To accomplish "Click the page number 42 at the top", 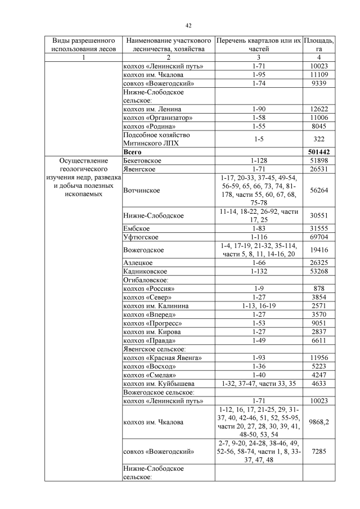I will [x=189, y=25].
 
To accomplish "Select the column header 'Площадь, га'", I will [x=319, y=45].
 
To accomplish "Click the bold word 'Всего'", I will [x=133, y=152].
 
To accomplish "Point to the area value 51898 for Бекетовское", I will [x=319, y=161].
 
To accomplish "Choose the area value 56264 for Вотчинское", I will [x=319, y=190].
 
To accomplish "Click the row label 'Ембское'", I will [x=137, y=228].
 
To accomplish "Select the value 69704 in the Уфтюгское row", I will [x=319, y=237].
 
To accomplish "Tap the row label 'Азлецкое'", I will [x=138, y=262].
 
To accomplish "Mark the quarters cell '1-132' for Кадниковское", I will [x=259, y=271].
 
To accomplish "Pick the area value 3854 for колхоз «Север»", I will [x=319, y=297].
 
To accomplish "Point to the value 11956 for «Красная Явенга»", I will [x=319, y=358].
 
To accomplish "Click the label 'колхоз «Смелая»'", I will [x=151, y=375].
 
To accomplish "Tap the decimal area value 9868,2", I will [x=319, y=423].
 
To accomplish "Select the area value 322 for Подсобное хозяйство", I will [x=319, y=139].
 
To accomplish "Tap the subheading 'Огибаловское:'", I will [x=146, y=280].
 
